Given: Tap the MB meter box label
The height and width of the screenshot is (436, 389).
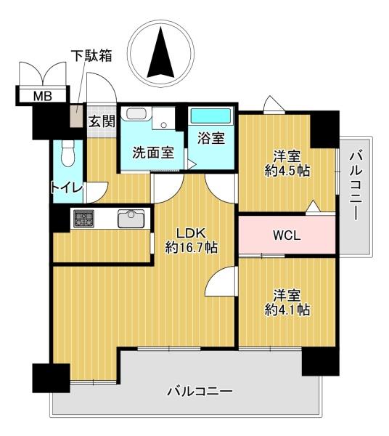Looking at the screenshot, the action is tap(43, 97).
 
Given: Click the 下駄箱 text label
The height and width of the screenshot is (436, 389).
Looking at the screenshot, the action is tap(91, 56).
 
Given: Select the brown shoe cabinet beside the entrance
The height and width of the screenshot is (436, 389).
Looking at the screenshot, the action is tap(76, 116).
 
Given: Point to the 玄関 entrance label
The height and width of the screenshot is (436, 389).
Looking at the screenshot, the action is tap(102, 121).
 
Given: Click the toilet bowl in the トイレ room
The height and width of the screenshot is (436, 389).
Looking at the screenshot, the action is tap(67, 153).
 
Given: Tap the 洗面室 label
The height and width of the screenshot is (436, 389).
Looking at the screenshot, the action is tap(153, 152).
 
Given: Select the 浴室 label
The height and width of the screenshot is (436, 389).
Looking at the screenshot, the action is tap(211, 138).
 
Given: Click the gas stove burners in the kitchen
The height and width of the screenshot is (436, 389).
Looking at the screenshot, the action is tap(83, 218).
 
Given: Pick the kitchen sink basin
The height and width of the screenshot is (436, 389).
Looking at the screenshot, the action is tap(131, 219).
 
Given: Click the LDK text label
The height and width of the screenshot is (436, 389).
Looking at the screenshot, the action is tap(192, 233).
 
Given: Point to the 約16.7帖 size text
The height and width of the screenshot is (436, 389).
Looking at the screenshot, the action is tap(192, 247).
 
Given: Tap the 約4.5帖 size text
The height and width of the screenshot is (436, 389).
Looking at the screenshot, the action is tap(287, 171).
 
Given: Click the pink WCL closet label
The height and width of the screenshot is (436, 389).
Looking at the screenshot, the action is tap(287, 235).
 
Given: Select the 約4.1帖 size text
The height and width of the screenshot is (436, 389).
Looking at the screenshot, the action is tap(287, 310).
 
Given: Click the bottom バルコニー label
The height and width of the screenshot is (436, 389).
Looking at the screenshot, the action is tap(200, 392).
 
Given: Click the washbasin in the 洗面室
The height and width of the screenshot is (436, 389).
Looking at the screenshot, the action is tap(136, 114).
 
